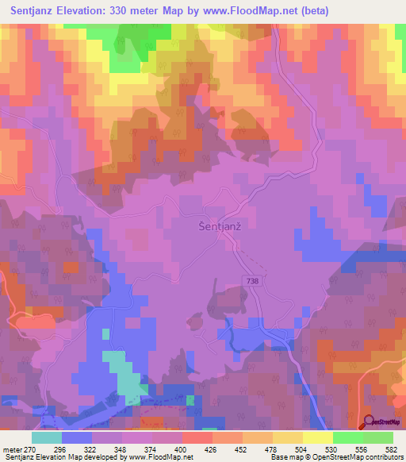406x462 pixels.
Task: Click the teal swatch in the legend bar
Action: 47,437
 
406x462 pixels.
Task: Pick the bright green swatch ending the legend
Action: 377,437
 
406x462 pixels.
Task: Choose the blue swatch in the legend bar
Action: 77,437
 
